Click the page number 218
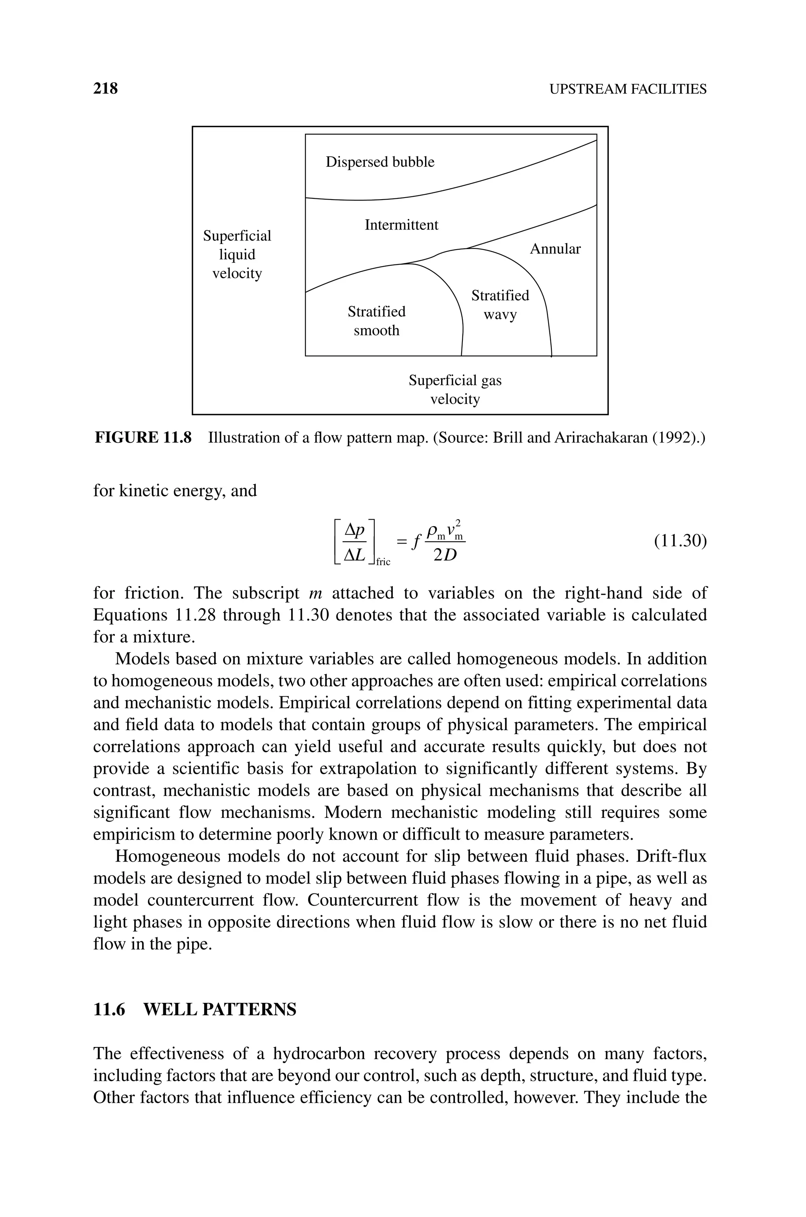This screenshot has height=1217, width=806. pyautogui.click(x=105, y=89)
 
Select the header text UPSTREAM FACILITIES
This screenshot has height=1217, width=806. pyautogui.click(x=628, y=89)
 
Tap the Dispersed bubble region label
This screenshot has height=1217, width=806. pyautogui.click(x=380, y=163)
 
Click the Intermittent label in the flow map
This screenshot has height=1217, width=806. pyautogui.click(x=401, y=225)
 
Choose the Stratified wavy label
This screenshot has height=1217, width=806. pyautogui.click(x=500, y=305)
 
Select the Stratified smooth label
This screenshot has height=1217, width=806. pyautogui.click(x=376, y=321)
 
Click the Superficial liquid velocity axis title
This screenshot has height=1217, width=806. pyautogui.click(x=237, y=254)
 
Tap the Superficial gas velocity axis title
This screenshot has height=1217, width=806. pyautogui.click(x=455, y=390)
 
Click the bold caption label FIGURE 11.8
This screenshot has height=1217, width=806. pyautogui.click(x=143, y=438)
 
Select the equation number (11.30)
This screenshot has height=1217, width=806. pyautogui.click(x=680, y=541)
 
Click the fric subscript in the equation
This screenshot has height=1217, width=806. pyautogui.click(x=383, y=562)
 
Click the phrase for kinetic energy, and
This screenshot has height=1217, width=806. pyautogui.click(x=175, y=491)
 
